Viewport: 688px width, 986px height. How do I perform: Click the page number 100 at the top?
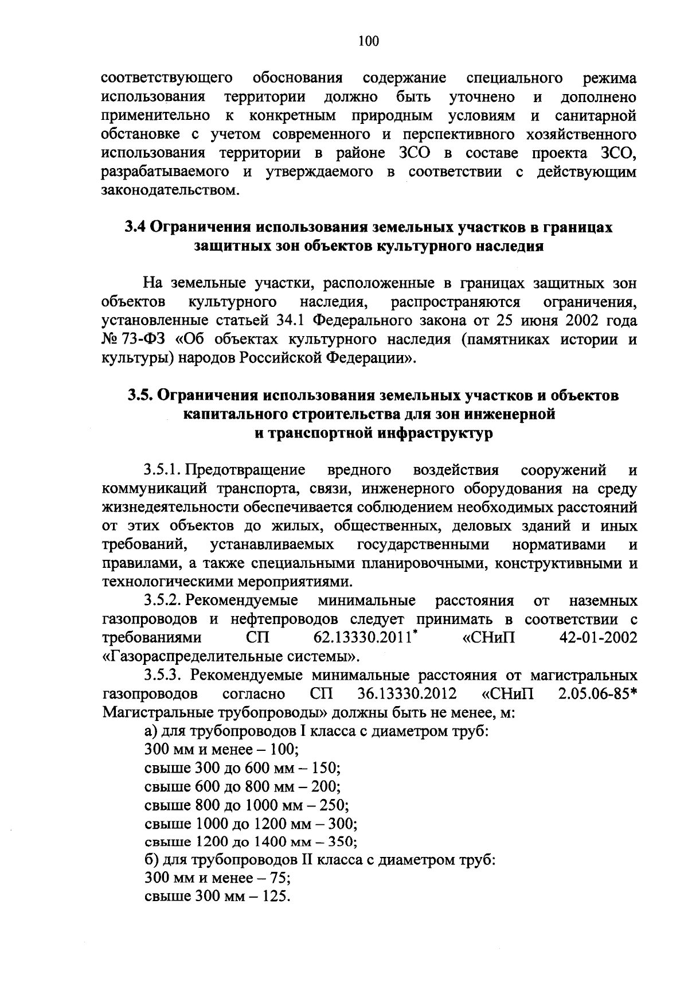pos(368,41)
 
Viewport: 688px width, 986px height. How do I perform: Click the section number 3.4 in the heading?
pos(135,227)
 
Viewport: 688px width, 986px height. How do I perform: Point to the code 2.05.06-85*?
pos(596,693)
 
